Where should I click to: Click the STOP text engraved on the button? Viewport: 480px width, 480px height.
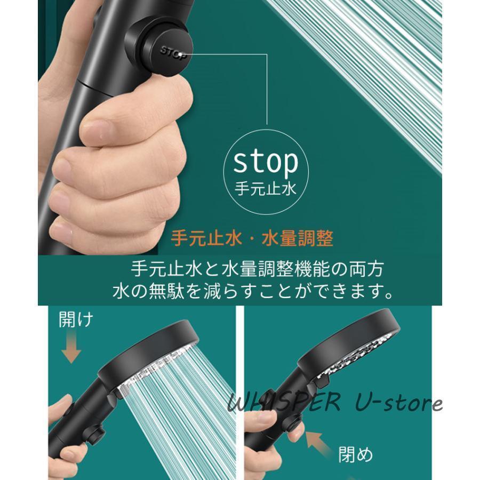173,53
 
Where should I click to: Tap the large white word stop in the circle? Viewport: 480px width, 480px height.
266,162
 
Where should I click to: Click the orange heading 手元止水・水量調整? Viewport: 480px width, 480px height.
252,238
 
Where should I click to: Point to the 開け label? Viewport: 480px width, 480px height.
76,320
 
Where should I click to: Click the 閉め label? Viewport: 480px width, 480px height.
355,454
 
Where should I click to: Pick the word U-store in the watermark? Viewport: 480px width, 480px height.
398,402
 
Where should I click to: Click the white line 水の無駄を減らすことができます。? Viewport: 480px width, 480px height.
253,291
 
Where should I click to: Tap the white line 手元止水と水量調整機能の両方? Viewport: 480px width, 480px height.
257,269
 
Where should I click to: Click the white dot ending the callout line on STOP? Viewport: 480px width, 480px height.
183,55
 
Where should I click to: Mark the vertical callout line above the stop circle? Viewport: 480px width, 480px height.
267,90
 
